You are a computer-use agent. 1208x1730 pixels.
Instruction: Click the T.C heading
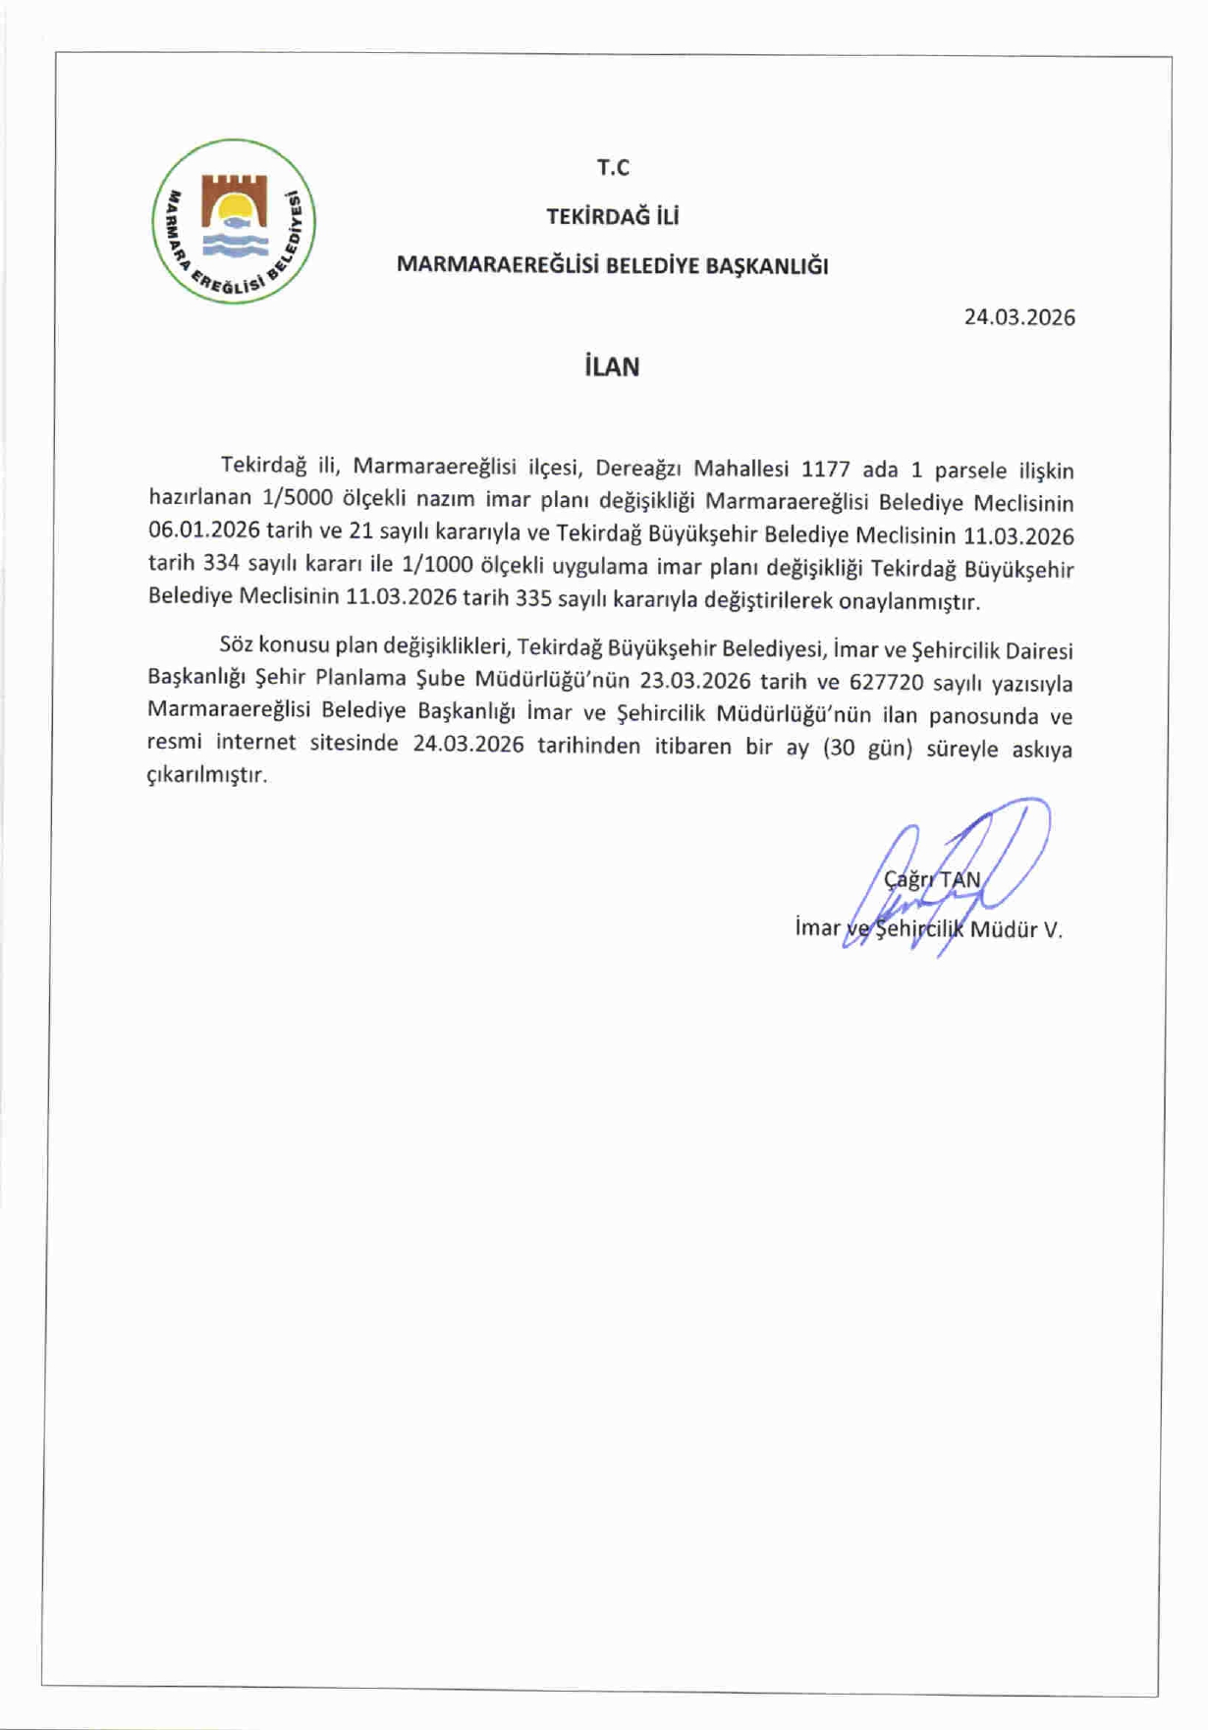pyautogui.click(x=613, y=168)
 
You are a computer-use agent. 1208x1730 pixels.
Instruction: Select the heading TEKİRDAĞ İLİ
pyautogui.click(x=613, y=216)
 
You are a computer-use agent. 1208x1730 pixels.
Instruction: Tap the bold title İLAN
pyautogui.click(x=612, y=367)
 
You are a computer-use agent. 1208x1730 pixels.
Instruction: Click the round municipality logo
pyautogui.click(x=234, y=222)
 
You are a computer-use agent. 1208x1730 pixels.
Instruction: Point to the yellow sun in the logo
pyautogui.click(x=236, y=208)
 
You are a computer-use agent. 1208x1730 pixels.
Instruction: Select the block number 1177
pyautogui.click(x=826, y=469)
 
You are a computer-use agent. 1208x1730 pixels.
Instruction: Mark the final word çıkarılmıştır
pyautogui.click(x=206, y=775)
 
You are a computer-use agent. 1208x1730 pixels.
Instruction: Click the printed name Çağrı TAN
pyautogui.click(x=932, y=879)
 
